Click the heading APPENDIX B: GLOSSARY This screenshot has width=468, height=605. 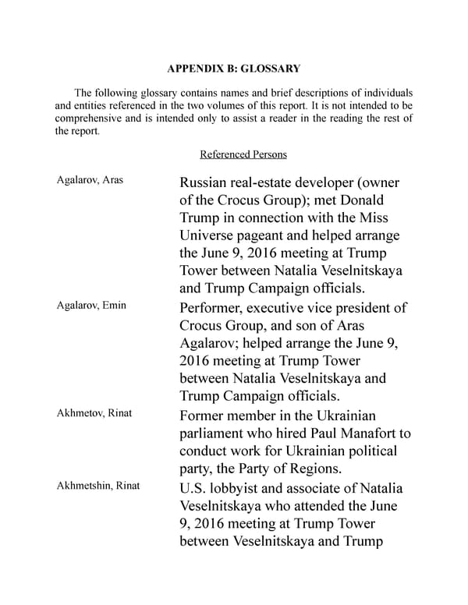pyautogui.click(x=233, y=69)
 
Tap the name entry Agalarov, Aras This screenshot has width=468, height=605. pyautogui.click(x=90, y=180)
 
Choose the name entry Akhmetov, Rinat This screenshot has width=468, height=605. pyautogui.click(x=94, y=412)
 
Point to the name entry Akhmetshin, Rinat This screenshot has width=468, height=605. pyautogui.click(x=98, y=486)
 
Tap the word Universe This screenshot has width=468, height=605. pyautogui.click(x=211, y=235)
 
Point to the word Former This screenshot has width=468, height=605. pyautogui.click(x=205, y=415)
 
